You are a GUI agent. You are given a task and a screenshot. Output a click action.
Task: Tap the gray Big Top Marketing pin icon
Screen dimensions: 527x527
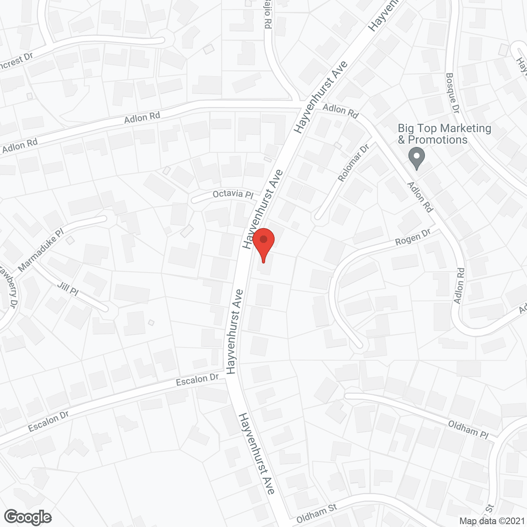[417, 158]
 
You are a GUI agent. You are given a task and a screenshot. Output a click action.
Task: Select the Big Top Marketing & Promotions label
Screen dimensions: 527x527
[445, 134]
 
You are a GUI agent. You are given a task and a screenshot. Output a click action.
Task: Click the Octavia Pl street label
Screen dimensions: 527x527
[233, 194]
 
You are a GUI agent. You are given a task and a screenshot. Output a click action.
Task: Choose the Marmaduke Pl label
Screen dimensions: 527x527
[41, 250]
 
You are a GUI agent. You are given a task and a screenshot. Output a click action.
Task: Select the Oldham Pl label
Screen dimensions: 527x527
[468, 429]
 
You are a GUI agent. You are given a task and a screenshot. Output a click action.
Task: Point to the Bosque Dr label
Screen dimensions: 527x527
[452, 93]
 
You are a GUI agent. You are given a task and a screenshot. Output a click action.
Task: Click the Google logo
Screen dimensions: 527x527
[28, 517]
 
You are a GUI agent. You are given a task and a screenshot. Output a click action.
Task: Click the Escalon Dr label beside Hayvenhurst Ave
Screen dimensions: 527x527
[197, 380]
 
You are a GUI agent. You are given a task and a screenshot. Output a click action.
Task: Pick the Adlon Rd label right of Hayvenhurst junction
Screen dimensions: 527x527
[340, 110]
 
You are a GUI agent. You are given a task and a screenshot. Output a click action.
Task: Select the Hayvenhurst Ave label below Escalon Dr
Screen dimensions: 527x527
[257, 453]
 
